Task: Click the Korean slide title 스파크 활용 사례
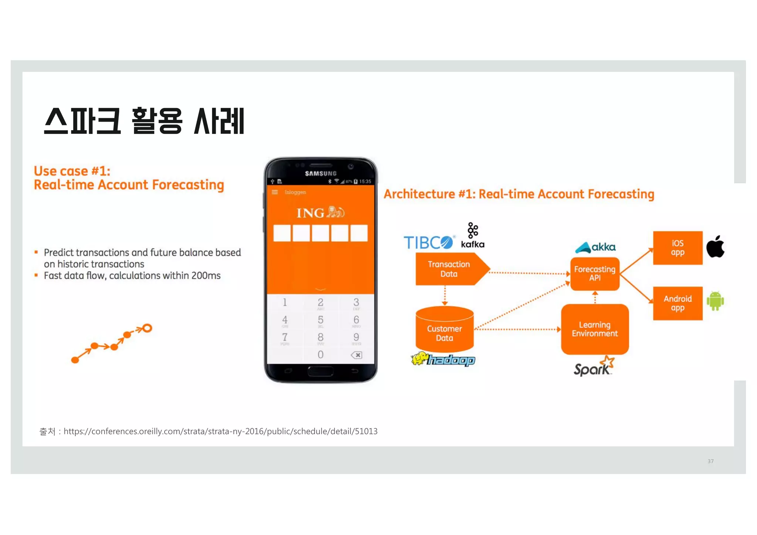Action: pyautogui.click(x=144, y=121)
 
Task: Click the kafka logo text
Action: pyautogui.click(x=472, y=244)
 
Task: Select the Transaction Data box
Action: pyautogui.click(x=449, y=269)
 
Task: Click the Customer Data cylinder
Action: pyautogui.click(x=444, y=330)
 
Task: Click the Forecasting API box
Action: pyautogui.click(x=594, y=274)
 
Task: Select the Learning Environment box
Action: pyautogui.click(x=594, y=329)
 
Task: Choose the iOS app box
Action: pyautogui.click(x=677, y=248)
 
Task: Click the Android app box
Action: pyautogui.click(x=677, y=303)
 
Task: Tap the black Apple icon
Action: pyautogui.click(x=715, y=247)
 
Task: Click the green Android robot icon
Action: pyautogui.click(x=715, y=301)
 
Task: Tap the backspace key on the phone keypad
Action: pyautogui.click(x=356, y=355)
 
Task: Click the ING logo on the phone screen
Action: pyautogui.click(x=320, y=213)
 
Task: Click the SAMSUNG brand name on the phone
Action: pyautogui.click(x=320, y=173)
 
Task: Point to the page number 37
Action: pyautogui.click(x=710, y=461)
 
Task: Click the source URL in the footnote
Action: pyautogui.click(x=220, y=431)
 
